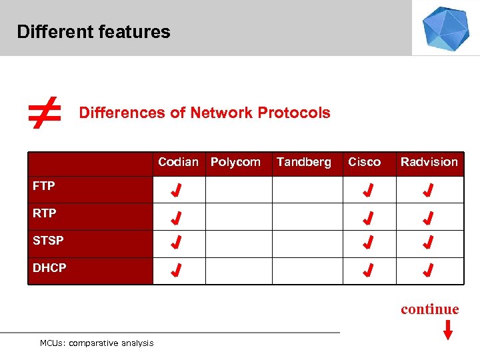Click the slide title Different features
click(x=93, y=32)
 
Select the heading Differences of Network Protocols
click(x=205, y=113)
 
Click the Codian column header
click(x=178, y=162)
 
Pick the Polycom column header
click(x=235, y=162)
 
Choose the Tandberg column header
click(x=303, y=162)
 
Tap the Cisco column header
click(x=364, y=162)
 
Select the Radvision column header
click(x=429, y=162)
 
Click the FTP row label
click(x=44, y=186)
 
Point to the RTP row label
click(x=45, y=213)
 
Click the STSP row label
click(x=48, y=240)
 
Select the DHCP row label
click(x=49, y=267)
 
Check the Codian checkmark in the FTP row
click(x=176, y=192)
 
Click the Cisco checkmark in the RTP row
click(x=367, y=219)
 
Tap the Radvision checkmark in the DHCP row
click(x=429, y=271)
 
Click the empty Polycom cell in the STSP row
click(x=238, y=244)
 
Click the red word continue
click(x=429, y=309)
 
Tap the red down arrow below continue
click(x=448, y=330)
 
